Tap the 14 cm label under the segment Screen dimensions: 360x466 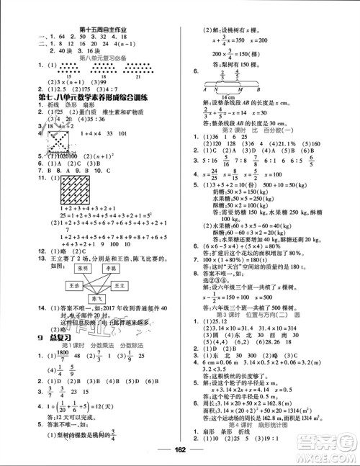[230, 95]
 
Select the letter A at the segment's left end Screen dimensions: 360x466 [207, 89]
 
